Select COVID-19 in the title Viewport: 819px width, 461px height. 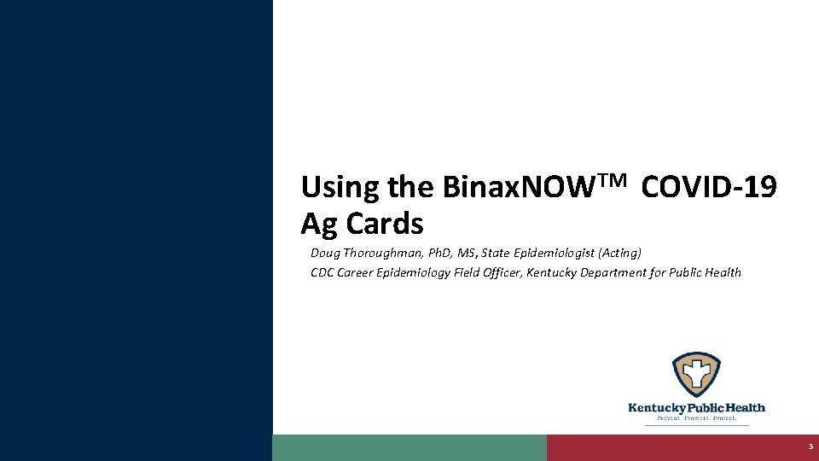pyautogui.click(x=708, y=187)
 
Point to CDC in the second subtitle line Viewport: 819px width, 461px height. pyautogui.click(x=322, y=273)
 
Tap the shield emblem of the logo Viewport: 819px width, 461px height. pyautogui.click(x=696, y=375)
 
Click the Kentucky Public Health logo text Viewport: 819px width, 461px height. pyautogui.click(x=696, y=408)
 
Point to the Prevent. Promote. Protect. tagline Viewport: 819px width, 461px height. pyautogui.click(x=696, y=418)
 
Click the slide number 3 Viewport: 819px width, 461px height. pyautogui.click(x=810, y=447)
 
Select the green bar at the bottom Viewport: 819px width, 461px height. pyautogui.click(x=409, y=447)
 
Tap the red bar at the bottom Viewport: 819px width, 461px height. pyautogui.click(x=674, y=447)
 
